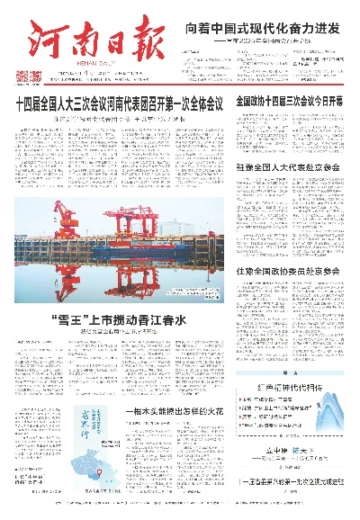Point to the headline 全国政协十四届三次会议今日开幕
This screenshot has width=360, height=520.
pos(289,103)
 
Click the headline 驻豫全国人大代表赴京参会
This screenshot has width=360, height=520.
pos(288,166)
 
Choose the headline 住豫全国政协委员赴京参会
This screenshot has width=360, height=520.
pos(288,270)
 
